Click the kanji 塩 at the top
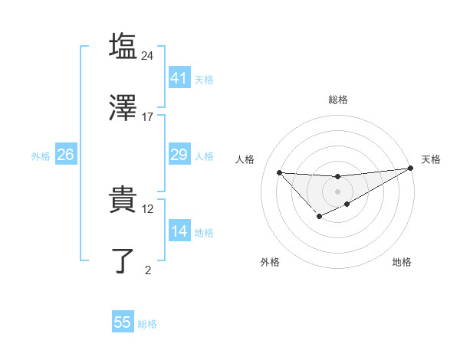(123, 45)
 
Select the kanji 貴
(123, 200)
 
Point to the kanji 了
(123, 260)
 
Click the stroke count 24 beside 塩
(148, 56)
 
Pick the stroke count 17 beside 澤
(148, 117)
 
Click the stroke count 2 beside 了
(148, 270)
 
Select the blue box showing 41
(179, 78)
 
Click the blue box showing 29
(179, 155)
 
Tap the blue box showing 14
(179, 231)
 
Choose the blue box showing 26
(65, 155)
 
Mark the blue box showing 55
(123, 322)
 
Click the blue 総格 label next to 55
(148, 324)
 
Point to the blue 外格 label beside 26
(41, 156)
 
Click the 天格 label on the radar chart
(431, 159)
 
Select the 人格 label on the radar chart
(245, 159)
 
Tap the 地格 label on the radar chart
(402, 262)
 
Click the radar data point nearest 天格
(411, 168)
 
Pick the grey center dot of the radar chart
(337, 191)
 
